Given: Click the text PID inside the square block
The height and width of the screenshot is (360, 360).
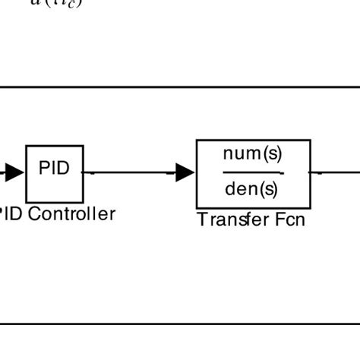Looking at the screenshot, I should (x=54, y=168).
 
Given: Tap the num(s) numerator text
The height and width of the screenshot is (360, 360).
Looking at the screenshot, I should (x=252, y=154).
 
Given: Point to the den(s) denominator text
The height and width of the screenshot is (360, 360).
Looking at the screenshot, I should (x=251, y=189).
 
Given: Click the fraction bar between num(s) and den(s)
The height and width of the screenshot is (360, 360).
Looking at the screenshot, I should (x=252, y=172).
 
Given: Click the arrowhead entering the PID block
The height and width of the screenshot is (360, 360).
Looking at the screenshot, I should (x=14, y=173).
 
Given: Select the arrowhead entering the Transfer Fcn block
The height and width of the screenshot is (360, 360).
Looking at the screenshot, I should (x=185, y=173).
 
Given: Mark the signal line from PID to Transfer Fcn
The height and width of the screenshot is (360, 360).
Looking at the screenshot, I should (x=129, y=173).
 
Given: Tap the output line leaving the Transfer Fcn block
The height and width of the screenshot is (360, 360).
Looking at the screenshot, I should (x=334, y=173).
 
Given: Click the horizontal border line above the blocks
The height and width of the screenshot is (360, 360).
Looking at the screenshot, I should (x=180, y=87).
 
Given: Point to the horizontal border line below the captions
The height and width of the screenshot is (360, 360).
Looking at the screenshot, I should (x=180, y=324).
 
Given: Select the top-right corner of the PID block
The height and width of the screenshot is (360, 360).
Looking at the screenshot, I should (x=83, y=146).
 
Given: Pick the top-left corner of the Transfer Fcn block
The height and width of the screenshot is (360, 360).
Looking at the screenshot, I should (x=197, y=141).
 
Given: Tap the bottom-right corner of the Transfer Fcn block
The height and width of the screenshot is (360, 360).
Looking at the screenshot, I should (x=310, y=207).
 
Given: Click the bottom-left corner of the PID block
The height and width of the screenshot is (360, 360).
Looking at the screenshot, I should (x=27, y=201).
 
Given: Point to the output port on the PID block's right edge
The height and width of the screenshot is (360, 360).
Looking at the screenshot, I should (x=84, y=173).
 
